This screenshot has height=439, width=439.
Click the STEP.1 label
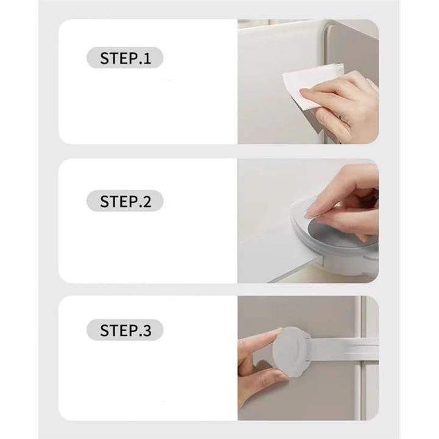pyautogui.click(x=125, y=58)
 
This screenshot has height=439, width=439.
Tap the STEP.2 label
pyautogui.click(x=125, y=201)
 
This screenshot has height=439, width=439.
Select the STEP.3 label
pyautogui.click(x=125, y=330)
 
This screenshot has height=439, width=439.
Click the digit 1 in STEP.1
pyautogui.click(x=148, y=59)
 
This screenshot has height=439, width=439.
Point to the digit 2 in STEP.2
pyautogui.click(x=147, y=201)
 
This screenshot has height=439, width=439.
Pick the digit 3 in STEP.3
pyautogui.click(x=147, y=330)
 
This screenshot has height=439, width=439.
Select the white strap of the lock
pyautogui.click(x=344, y=349)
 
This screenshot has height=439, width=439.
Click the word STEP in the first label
pyautogui.click(x=119, y=59)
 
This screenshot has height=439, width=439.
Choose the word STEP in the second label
pyautogui.click(x=119, y=201)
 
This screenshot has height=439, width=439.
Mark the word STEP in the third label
pyautogui.click(x=119, y=330)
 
